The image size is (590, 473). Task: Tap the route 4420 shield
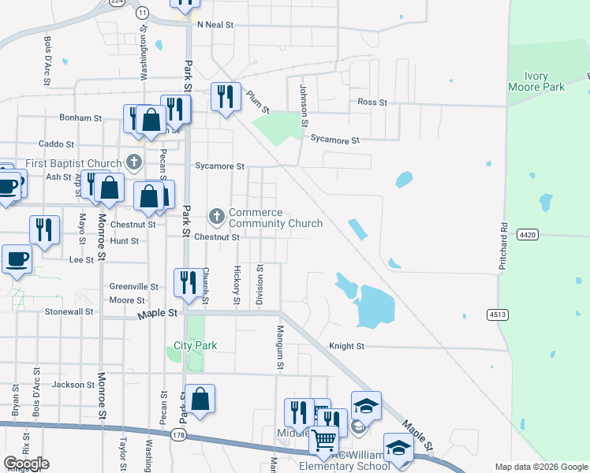pyautogui.click(x=528, y=235)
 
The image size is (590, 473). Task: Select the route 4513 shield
pyautogui.click(x=497, y=315)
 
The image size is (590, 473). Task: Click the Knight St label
pyautogui.click(x=346, y=346)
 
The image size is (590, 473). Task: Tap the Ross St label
pyautogui.click(x=372, y=102)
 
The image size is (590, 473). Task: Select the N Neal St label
pyautogui.click(x=216, y=25)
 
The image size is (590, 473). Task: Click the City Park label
pyautogui.click(x=195, y=345)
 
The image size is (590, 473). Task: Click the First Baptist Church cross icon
pyautogui.click(x=134, y=163)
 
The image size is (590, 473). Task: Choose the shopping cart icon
pyautogui.click(x=324, y=441)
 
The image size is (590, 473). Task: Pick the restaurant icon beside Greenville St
pyautogui.click(x=188, y=282)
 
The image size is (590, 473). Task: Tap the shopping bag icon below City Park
pyautogui.click(x=200, y=399)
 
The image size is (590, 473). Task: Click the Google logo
pyautogui.click(x=26, y=464)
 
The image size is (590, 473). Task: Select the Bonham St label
pyautogui.click(x=80, y=118)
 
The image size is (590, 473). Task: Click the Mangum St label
pyautogui.click(x=279, y=348)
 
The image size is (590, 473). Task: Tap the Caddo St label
pyautogui.click(x=56, y=144)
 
